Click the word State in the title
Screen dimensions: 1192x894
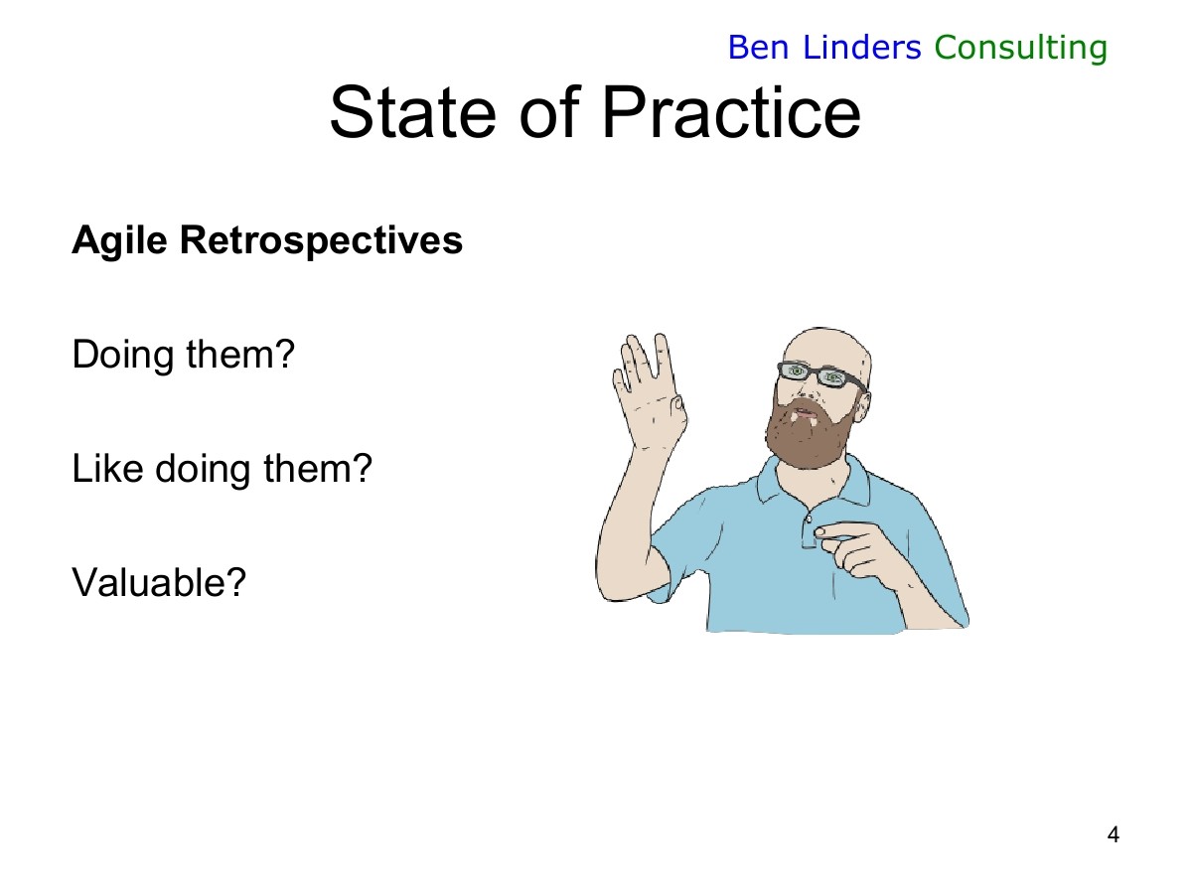click(x=412, y=112)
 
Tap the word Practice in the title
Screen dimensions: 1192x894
click(x=731, y=112)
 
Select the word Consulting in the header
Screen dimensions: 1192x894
click(x=1021, y=48)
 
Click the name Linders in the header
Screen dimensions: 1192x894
click(x=862, y=47)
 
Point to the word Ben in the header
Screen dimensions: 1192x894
click(x=758, y=48)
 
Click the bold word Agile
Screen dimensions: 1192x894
click(x=119, y=240)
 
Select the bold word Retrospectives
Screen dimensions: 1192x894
click(x=321, y=240)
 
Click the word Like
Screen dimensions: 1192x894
click(x=107, y=469)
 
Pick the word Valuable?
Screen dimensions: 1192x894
click(x=159, y=582)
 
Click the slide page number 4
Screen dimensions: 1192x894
click(x=1114, y=834)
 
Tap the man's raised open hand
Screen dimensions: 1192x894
click(x=650, y=390)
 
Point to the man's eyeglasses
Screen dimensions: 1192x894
click(x=821, y=374)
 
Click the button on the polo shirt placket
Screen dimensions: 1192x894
click(x=809, y=520)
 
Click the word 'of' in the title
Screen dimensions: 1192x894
click(x=550, y=112)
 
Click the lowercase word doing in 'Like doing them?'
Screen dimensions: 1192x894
click(x=203, y=470)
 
